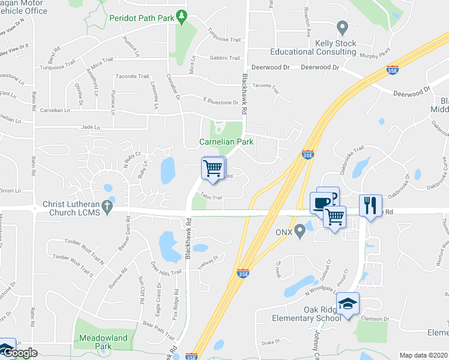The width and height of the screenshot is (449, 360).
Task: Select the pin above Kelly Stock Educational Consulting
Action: [x=342, y=27]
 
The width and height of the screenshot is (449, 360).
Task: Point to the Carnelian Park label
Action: [x=226, y=142]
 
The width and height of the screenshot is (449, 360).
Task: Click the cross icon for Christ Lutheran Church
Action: [x=107, y=205]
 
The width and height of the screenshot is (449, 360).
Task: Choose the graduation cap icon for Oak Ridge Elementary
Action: [x=347, y=304]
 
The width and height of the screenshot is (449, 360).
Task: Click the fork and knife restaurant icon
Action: [x=370, y=205]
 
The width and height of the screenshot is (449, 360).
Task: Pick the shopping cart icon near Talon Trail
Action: [x=213, y=168]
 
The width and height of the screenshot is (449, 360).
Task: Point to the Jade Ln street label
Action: [x=89, y=128]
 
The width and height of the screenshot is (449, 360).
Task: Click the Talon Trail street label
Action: [x=211, y=197]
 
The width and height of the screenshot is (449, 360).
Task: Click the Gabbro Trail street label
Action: [x=225, y=58]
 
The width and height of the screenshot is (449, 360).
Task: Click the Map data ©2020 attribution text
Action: [x=423, y=355]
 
